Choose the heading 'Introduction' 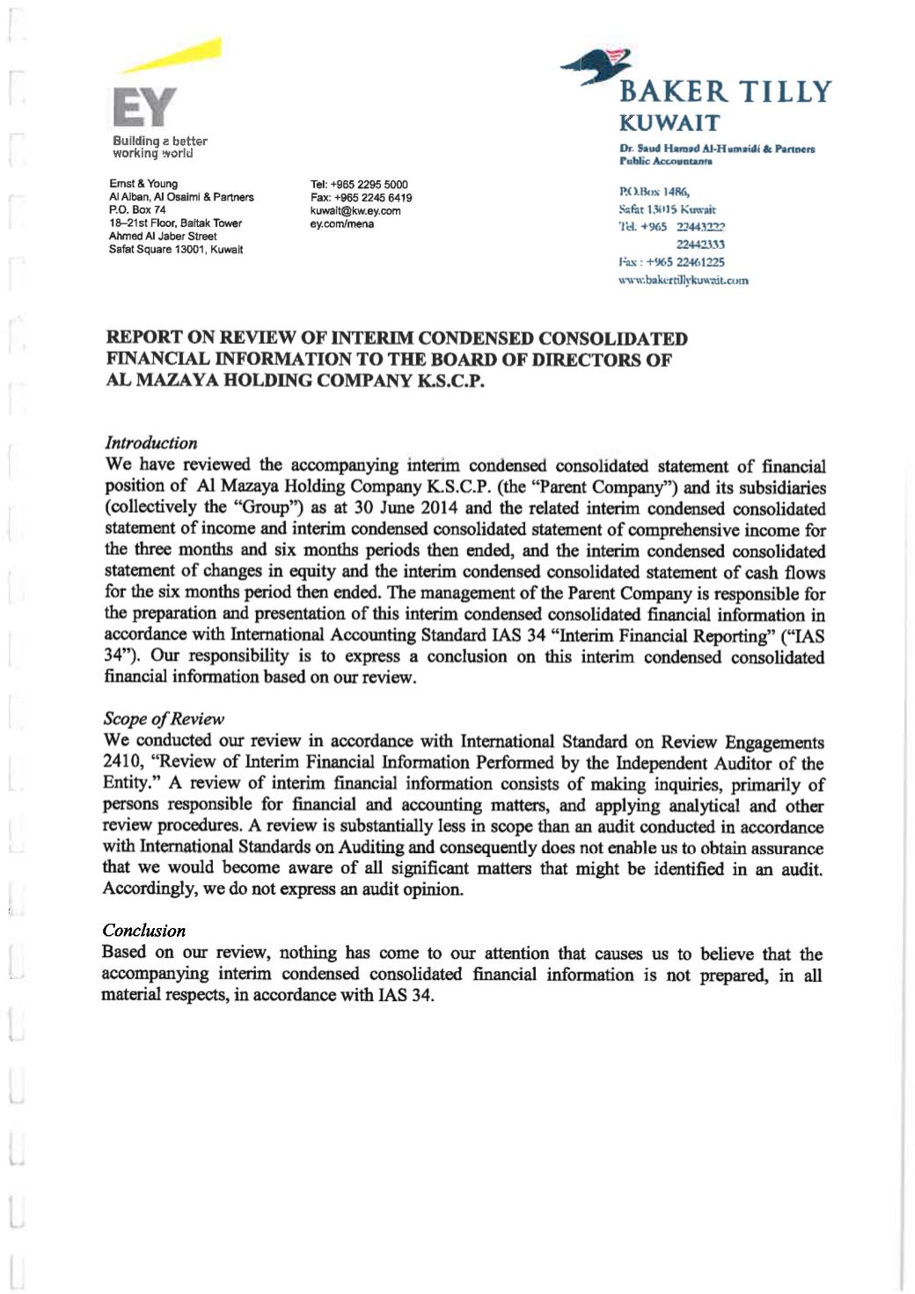tap(150, 442)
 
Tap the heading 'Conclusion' tap(143, 931)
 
